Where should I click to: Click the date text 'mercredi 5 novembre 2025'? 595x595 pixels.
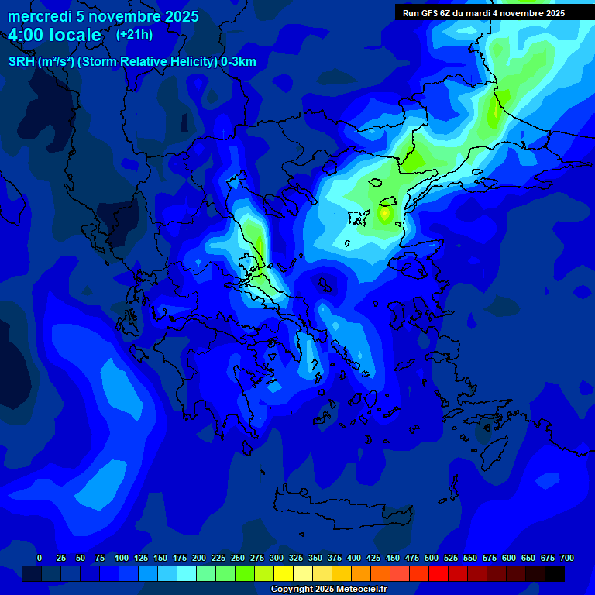click(x=103, y=16)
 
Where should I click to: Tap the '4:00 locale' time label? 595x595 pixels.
click(x=55, y=36)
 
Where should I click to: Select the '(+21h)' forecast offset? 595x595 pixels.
click(x=134, y=34)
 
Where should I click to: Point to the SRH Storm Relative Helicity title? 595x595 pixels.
click(x=132, y=62)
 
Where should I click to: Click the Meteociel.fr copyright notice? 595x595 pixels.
click(x=328, y=590)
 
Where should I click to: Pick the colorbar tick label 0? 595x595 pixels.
click(x=40, y=559)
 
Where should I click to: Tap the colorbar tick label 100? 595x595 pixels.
click(x=122, y=559)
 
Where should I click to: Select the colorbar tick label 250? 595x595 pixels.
click(x=238, y=559)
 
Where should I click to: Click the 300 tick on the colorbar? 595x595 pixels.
click(x=277, y=559)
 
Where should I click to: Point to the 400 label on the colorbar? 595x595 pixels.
click(x=354, y=559)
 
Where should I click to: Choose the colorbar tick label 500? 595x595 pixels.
click(x=432, y=559)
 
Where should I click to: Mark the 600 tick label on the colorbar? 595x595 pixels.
click(x=509, y=559)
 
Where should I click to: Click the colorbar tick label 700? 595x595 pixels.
click(x=567, y=559)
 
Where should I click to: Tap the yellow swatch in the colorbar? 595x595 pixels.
click(x=284, y=573)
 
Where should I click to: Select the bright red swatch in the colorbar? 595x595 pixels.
click(x=439, y=573)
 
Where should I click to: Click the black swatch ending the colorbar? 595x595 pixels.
click(x=555, y=573)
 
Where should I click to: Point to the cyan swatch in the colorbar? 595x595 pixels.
click(x=187, y=573)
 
